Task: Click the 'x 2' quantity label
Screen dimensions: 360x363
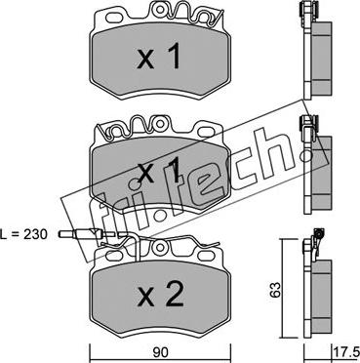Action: point(160,295)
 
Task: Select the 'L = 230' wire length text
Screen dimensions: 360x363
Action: point(24,233)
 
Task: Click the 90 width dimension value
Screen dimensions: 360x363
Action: point(159,352)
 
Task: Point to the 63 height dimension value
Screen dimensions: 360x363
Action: point(276,289)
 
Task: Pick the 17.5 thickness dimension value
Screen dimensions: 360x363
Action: point(346,352)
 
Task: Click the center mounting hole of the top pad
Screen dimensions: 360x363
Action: point(160,10)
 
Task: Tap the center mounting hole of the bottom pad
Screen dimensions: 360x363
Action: point(160,248)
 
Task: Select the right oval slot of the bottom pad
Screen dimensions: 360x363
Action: point(205,255)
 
